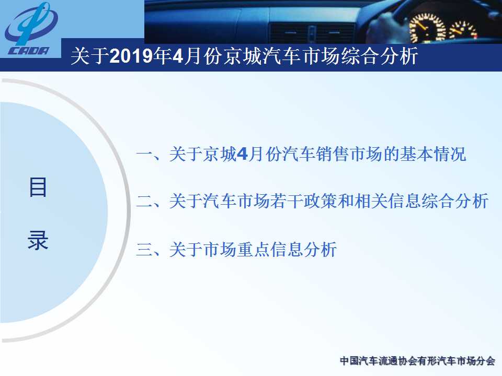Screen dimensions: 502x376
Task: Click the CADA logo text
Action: tap(29, 51)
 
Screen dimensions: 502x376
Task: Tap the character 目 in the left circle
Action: tap(38, 187)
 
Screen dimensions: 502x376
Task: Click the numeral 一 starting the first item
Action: tap(144, 154)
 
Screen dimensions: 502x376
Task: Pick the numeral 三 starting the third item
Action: tap(144, 249)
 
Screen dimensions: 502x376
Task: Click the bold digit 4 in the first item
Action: tap(242, 154)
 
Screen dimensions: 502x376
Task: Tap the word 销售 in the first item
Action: tap(332, 154)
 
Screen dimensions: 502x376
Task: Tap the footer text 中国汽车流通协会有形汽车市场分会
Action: tap(417, 361)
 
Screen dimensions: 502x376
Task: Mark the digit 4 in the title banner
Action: tap(178, 56)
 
